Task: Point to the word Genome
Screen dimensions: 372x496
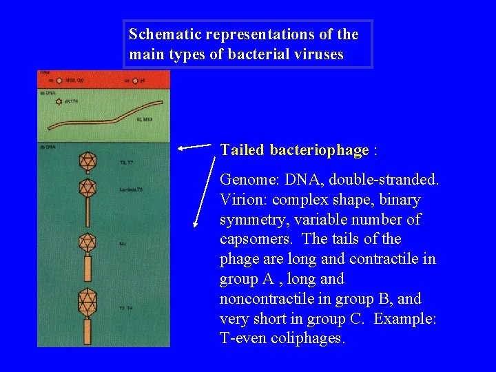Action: (242, 180)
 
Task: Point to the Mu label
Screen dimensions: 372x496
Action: (122, 242)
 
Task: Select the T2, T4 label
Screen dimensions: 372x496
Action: (126, 308)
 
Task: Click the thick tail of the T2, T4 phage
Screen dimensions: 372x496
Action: (87, 330)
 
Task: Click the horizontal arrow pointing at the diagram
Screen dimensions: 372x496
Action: (195, 145)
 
